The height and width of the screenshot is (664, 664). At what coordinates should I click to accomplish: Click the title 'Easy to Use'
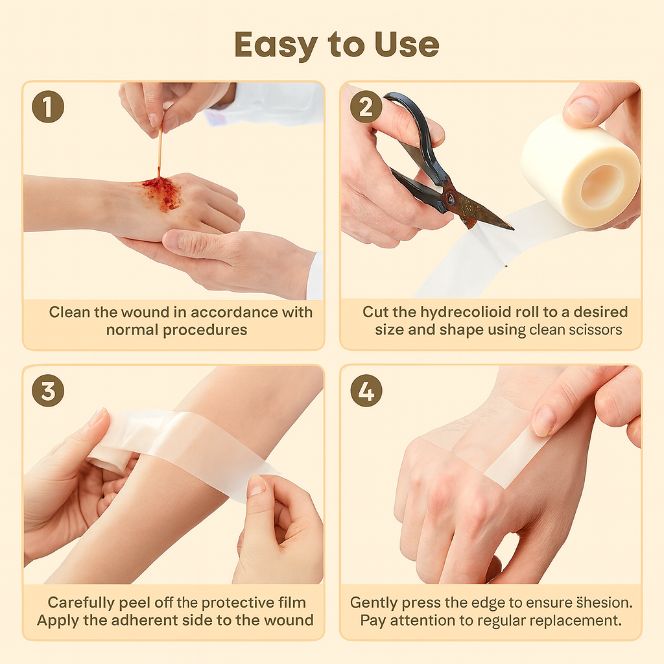pos(337,44)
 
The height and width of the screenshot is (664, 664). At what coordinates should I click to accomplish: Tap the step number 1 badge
pos(48,107)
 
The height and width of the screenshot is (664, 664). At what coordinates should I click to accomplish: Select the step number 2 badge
pos(366,107)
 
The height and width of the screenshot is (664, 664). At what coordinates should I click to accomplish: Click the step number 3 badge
pos(48,391)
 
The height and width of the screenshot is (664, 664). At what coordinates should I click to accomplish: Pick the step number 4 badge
pos(366,391)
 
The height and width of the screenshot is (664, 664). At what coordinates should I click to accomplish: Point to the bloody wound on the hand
pos(161,193)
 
